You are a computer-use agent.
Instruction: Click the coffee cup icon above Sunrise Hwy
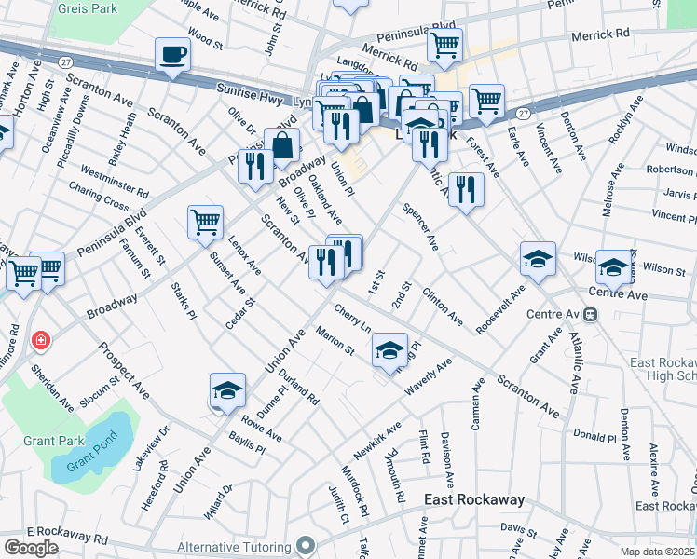[x=171, y=54]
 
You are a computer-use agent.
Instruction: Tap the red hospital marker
[x=41, y=340]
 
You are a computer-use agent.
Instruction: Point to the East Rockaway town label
[x=473, y=500]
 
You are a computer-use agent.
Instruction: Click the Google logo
[x=31, y=548]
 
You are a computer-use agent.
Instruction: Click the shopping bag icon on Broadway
[x=281, y=145]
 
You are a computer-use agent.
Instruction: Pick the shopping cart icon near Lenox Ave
[x=205, y=222]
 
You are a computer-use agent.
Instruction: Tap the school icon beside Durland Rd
[x=227, y=390]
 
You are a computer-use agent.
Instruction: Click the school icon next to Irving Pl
[x=389, y=349]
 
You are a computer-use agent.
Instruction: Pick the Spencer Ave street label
[x=419, y=228]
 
